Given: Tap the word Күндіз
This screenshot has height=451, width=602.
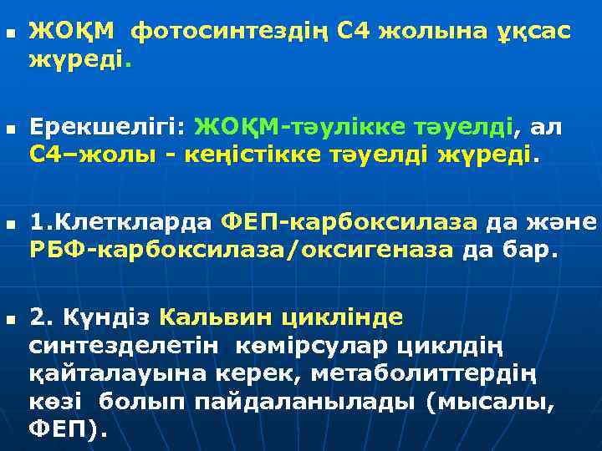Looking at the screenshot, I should click(115, 318).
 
